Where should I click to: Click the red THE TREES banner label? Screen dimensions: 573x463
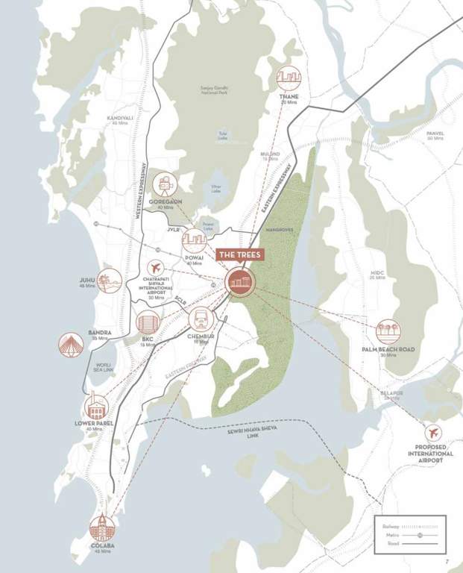(239, 254)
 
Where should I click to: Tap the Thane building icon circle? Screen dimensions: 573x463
(288, 78)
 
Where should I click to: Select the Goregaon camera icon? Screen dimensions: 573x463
(164, 184)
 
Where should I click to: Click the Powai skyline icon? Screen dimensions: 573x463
(194, 239)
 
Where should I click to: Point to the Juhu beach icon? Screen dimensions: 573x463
(110, 281)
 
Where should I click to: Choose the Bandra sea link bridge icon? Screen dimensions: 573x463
(71, 344)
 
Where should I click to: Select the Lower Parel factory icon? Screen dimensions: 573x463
(97, 407)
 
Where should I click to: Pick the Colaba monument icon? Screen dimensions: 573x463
(101, 527)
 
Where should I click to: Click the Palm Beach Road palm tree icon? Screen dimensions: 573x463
(387, 332)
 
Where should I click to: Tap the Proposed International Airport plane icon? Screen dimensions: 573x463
(432, 433)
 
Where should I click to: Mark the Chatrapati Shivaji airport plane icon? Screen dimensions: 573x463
(155, 268)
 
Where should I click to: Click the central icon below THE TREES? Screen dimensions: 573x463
(239, 282)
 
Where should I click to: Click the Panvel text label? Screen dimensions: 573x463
(435, 134)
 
